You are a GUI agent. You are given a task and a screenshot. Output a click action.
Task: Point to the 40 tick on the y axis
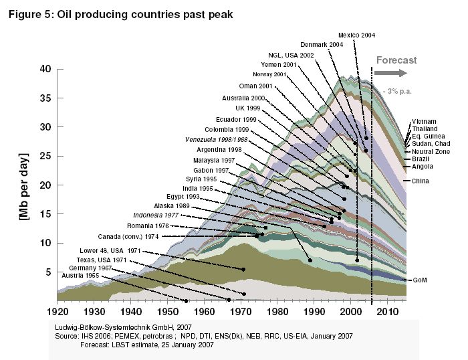(45, 68)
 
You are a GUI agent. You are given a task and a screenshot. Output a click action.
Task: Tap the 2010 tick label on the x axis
(388, 311)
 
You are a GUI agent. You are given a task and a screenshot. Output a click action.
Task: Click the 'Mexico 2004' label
(356, 35)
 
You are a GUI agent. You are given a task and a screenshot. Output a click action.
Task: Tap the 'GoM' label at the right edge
(419, 279)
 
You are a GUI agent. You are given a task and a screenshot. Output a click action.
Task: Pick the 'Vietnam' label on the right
(425, 121)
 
